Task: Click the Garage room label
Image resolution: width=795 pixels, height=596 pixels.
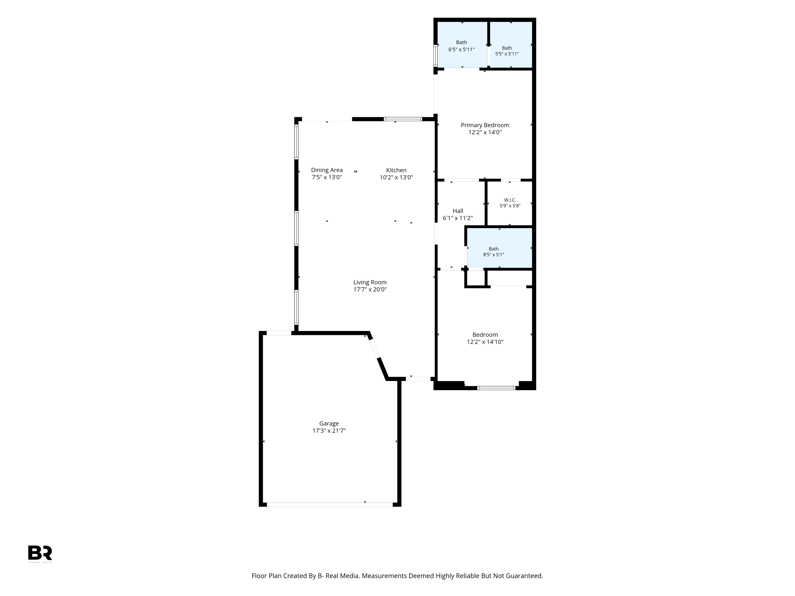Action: [329, 424]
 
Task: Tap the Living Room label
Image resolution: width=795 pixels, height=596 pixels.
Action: [370, 283]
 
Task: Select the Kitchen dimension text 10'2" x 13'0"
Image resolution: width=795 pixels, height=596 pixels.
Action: [396, 178]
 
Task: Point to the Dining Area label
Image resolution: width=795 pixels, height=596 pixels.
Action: [327, 170]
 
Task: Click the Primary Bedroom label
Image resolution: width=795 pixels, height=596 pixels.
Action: [485, 125]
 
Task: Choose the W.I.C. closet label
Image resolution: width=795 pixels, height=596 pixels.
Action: [510, 200]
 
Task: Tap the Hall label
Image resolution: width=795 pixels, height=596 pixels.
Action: [458, 211]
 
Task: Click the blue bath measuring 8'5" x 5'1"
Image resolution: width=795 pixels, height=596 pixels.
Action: [500, 248]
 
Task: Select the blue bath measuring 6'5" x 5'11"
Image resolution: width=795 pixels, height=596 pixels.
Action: [462, 44]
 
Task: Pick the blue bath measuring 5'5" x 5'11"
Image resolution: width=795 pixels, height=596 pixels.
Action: [511, 44]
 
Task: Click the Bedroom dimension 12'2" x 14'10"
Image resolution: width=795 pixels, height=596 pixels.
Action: [485, 342]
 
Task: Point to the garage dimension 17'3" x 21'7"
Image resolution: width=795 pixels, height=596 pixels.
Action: [329, 431]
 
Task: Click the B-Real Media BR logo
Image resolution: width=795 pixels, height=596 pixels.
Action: [40, 553]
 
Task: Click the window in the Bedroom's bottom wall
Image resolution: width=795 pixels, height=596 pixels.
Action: [496, 388]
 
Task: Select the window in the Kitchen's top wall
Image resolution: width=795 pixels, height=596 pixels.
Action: [403, 119]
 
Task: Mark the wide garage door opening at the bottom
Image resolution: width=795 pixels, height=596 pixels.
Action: [330, 505]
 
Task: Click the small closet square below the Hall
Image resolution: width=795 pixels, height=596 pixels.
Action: [475, 278]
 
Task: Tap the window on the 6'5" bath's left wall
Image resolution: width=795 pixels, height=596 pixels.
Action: [435, 56]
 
